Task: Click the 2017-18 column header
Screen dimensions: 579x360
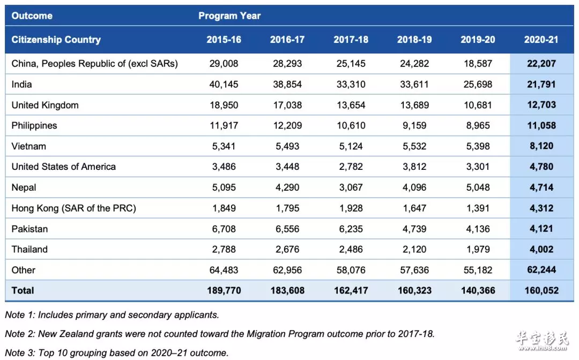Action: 351,40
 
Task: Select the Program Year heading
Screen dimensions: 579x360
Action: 229,16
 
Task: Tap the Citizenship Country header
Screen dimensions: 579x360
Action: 56,40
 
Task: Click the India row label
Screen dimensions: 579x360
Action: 21,85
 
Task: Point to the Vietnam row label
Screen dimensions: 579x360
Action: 29,146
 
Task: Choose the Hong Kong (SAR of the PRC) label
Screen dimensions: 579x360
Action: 73,208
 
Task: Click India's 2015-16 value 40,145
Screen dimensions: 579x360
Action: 224,85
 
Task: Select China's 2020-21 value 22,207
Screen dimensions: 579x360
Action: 541,63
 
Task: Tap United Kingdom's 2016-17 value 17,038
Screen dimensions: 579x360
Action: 287,105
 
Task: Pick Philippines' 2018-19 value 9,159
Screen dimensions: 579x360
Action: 414,125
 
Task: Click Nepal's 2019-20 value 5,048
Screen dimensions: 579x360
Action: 478,187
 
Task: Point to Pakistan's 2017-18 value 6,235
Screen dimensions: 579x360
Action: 351,229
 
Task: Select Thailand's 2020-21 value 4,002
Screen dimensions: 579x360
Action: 541,249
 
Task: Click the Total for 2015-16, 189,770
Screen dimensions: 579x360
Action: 224,291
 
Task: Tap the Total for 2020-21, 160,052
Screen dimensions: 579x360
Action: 541,291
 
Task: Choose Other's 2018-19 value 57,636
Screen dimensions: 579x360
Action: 414,270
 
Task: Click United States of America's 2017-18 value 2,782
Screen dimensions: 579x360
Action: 351,167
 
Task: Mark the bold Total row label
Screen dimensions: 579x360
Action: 23,291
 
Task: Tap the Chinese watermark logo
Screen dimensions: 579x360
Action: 542,341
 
